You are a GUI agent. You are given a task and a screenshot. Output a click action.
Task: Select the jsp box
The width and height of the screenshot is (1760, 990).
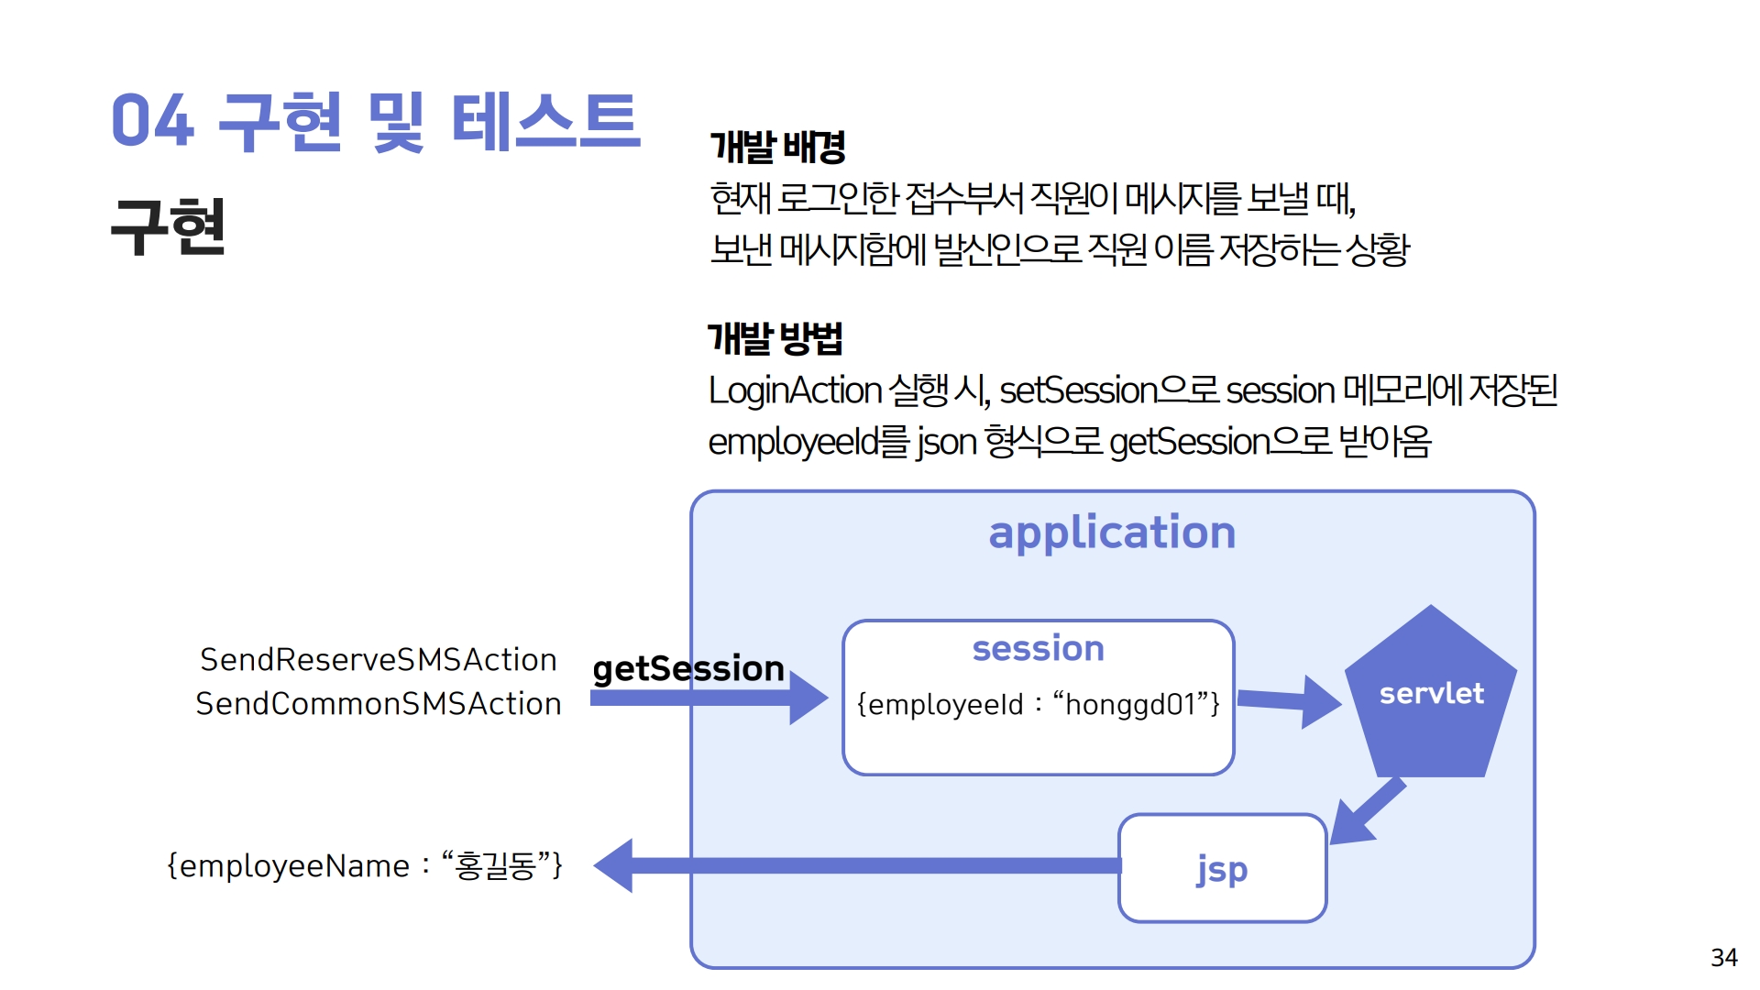pos(1223,868)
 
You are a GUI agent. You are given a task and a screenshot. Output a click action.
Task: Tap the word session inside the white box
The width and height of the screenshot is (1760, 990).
pos(1039,648)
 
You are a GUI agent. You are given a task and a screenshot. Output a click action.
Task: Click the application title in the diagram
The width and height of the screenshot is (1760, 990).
pos(1112,533)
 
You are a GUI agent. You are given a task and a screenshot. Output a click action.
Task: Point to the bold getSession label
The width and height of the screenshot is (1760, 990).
pos(688,669)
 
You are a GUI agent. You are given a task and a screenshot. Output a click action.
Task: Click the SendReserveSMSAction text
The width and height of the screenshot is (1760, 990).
pos(379,660)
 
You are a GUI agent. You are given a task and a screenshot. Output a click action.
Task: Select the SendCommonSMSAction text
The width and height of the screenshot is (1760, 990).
pos(379,704)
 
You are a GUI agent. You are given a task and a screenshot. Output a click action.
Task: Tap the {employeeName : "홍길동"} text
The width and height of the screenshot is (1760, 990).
pos(365,865)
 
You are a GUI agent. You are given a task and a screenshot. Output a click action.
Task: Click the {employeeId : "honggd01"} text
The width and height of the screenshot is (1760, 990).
pos(1039,704)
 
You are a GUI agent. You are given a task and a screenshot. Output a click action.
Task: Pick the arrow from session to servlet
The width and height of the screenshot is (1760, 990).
pos(1290,701)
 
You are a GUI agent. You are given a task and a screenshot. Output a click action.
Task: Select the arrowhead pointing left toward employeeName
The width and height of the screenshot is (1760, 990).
pos(613,865)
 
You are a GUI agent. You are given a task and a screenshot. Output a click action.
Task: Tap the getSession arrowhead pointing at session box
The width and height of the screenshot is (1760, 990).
pos(808,698)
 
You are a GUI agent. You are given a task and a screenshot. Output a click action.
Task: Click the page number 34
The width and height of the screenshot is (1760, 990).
pos(1724,958)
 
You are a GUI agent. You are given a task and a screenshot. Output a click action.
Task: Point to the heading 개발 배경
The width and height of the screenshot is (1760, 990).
pos(777,147)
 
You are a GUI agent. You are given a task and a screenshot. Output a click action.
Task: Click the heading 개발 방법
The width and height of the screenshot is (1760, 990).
pos(775,338)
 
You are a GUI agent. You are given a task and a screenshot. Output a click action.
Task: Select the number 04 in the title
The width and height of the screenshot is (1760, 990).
pos(152,121)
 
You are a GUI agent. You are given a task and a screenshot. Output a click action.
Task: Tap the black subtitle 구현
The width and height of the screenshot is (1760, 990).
pos(168,226)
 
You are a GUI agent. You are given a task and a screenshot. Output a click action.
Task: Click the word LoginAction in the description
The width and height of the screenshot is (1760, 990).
pos(796,391)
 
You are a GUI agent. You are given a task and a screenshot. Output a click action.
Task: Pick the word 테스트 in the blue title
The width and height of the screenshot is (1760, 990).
pos(546,121)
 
